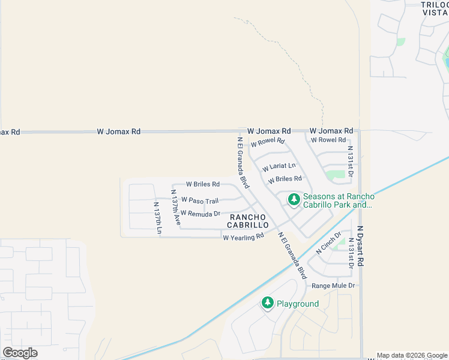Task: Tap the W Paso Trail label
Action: tap(200, 200)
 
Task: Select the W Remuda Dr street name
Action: tap(200, 214)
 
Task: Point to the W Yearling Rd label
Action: tap(243, 237)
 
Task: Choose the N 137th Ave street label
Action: tap(175, 208)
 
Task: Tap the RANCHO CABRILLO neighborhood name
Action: tap(247, 220)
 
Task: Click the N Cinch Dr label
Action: tap(328, 244)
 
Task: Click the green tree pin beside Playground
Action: tap(268, 303)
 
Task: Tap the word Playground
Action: tap(297, 304)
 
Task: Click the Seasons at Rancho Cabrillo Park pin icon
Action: tap(294, 199)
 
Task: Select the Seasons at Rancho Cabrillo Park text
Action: tap(339, 200)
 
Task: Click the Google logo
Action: tap(20, 353)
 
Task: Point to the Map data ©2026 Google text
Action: tap(412, 355)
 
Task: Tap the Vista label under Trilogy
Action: tap(435, 12)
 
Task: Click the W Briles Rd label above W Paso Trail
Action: tap(202, 184)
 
